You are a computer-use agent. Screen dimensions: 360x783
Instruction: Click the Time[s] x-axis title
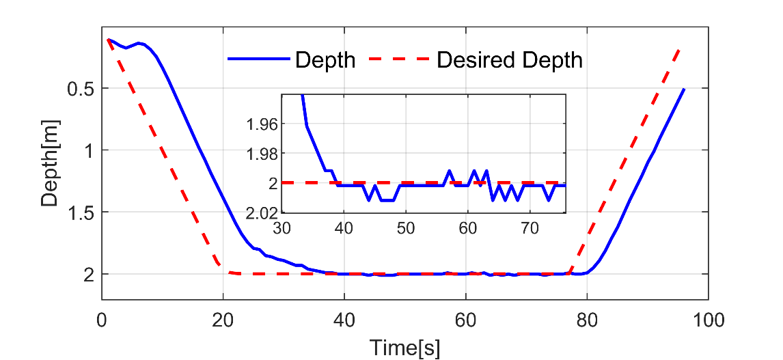405,347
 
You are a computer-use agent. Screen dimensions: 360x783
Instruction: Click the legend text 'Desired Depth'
509,60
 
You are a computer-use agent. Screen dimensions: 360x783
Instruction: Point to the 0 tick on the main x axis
102,319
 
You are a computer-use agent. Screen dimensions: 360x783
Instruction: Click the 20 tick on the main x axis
223,319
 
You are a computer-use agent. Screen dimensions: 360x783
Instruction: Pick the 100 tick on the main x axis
708,319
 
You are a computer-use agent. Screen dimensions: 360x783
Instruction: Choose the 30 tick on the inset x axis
282,227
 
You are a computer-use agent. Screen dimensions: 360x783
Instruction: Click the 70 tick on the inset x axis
529,227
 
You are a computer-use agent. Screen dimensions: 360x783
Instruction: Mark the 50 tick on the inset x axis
406,227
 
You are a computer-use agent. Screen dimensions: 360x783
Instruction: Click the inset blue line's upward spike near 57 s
449,171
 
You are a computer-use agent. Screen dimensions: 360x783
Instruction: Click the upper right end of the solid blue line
683,89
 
